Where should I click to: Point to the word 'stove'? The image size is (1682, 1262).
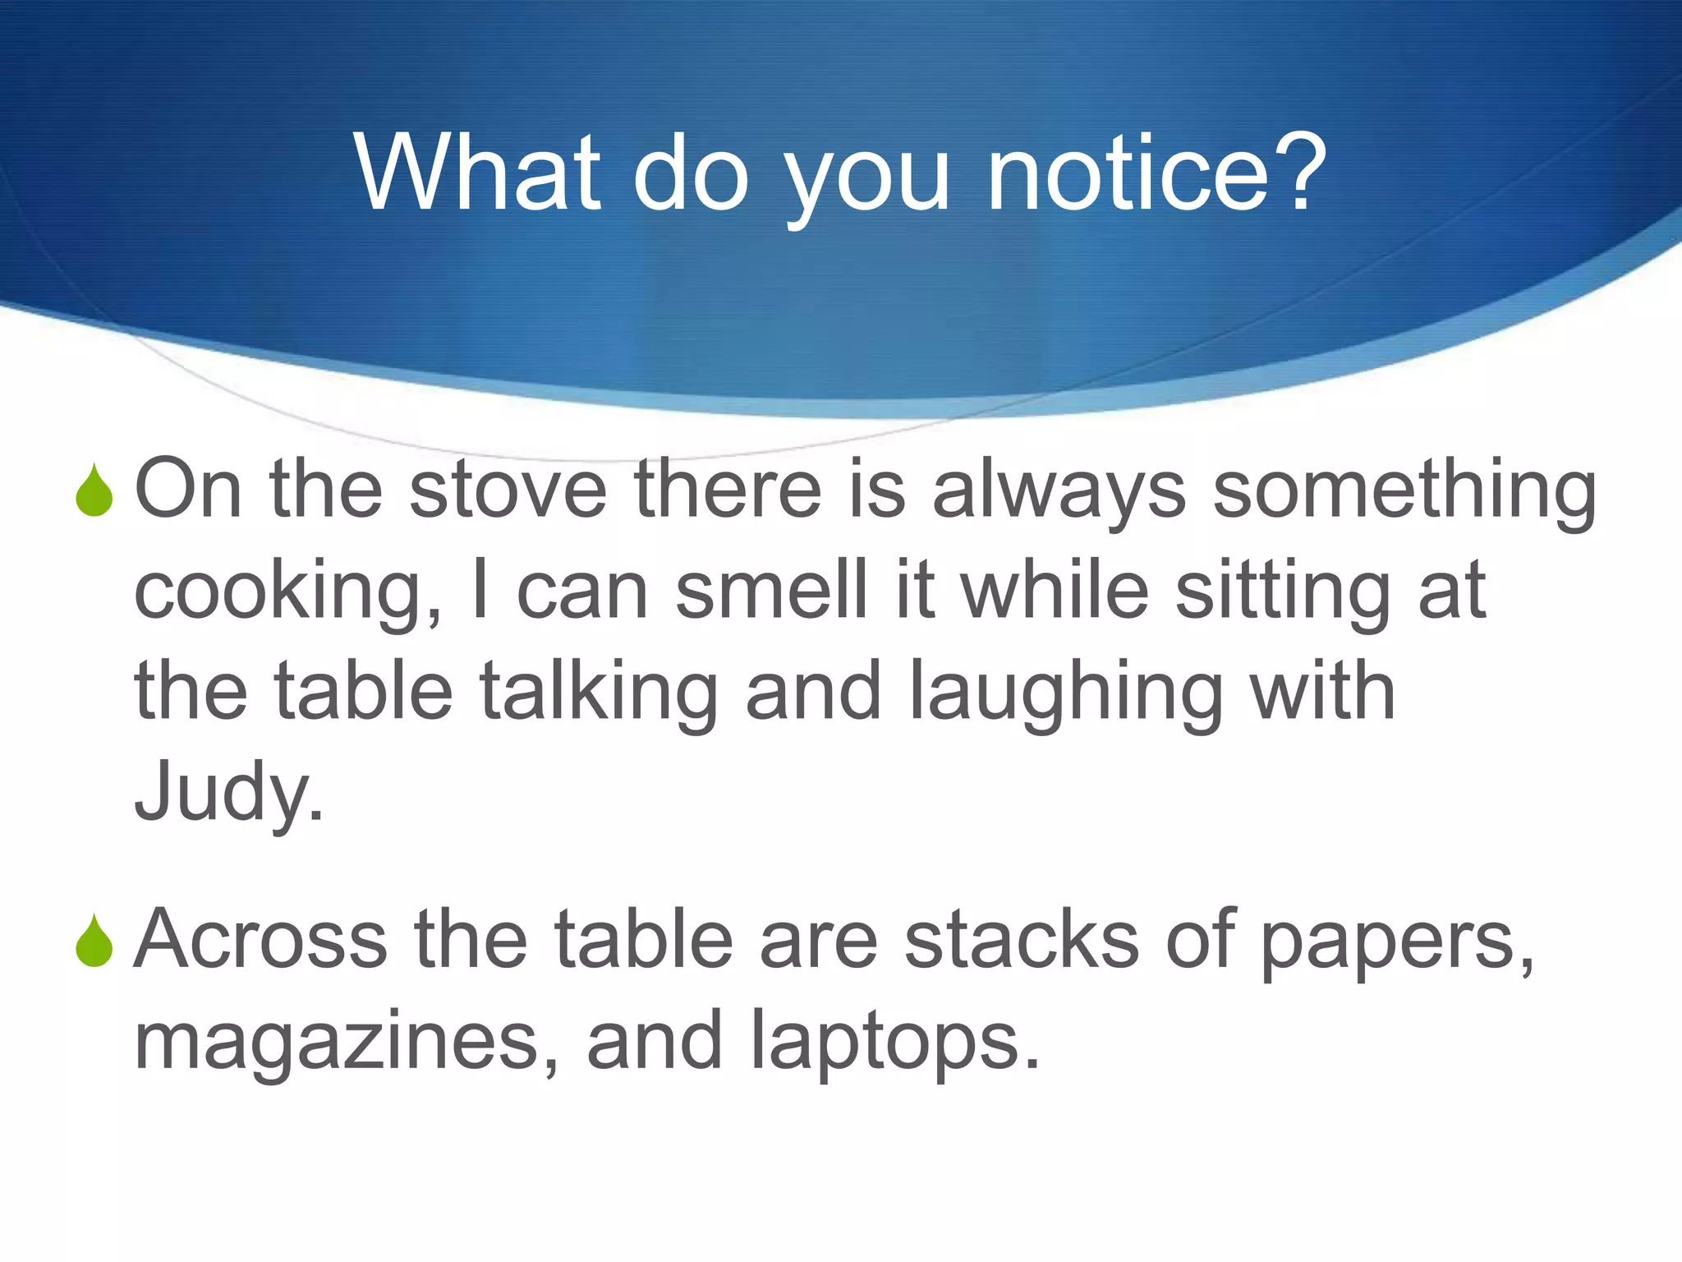pos(508,491)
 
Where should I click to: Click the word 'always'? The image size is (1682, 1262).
pos(1059,491)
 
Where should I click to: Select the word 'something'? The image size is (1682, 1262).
pos(1404,491)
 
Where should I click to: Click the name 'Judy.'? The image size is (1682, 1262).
pos(228,793)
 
